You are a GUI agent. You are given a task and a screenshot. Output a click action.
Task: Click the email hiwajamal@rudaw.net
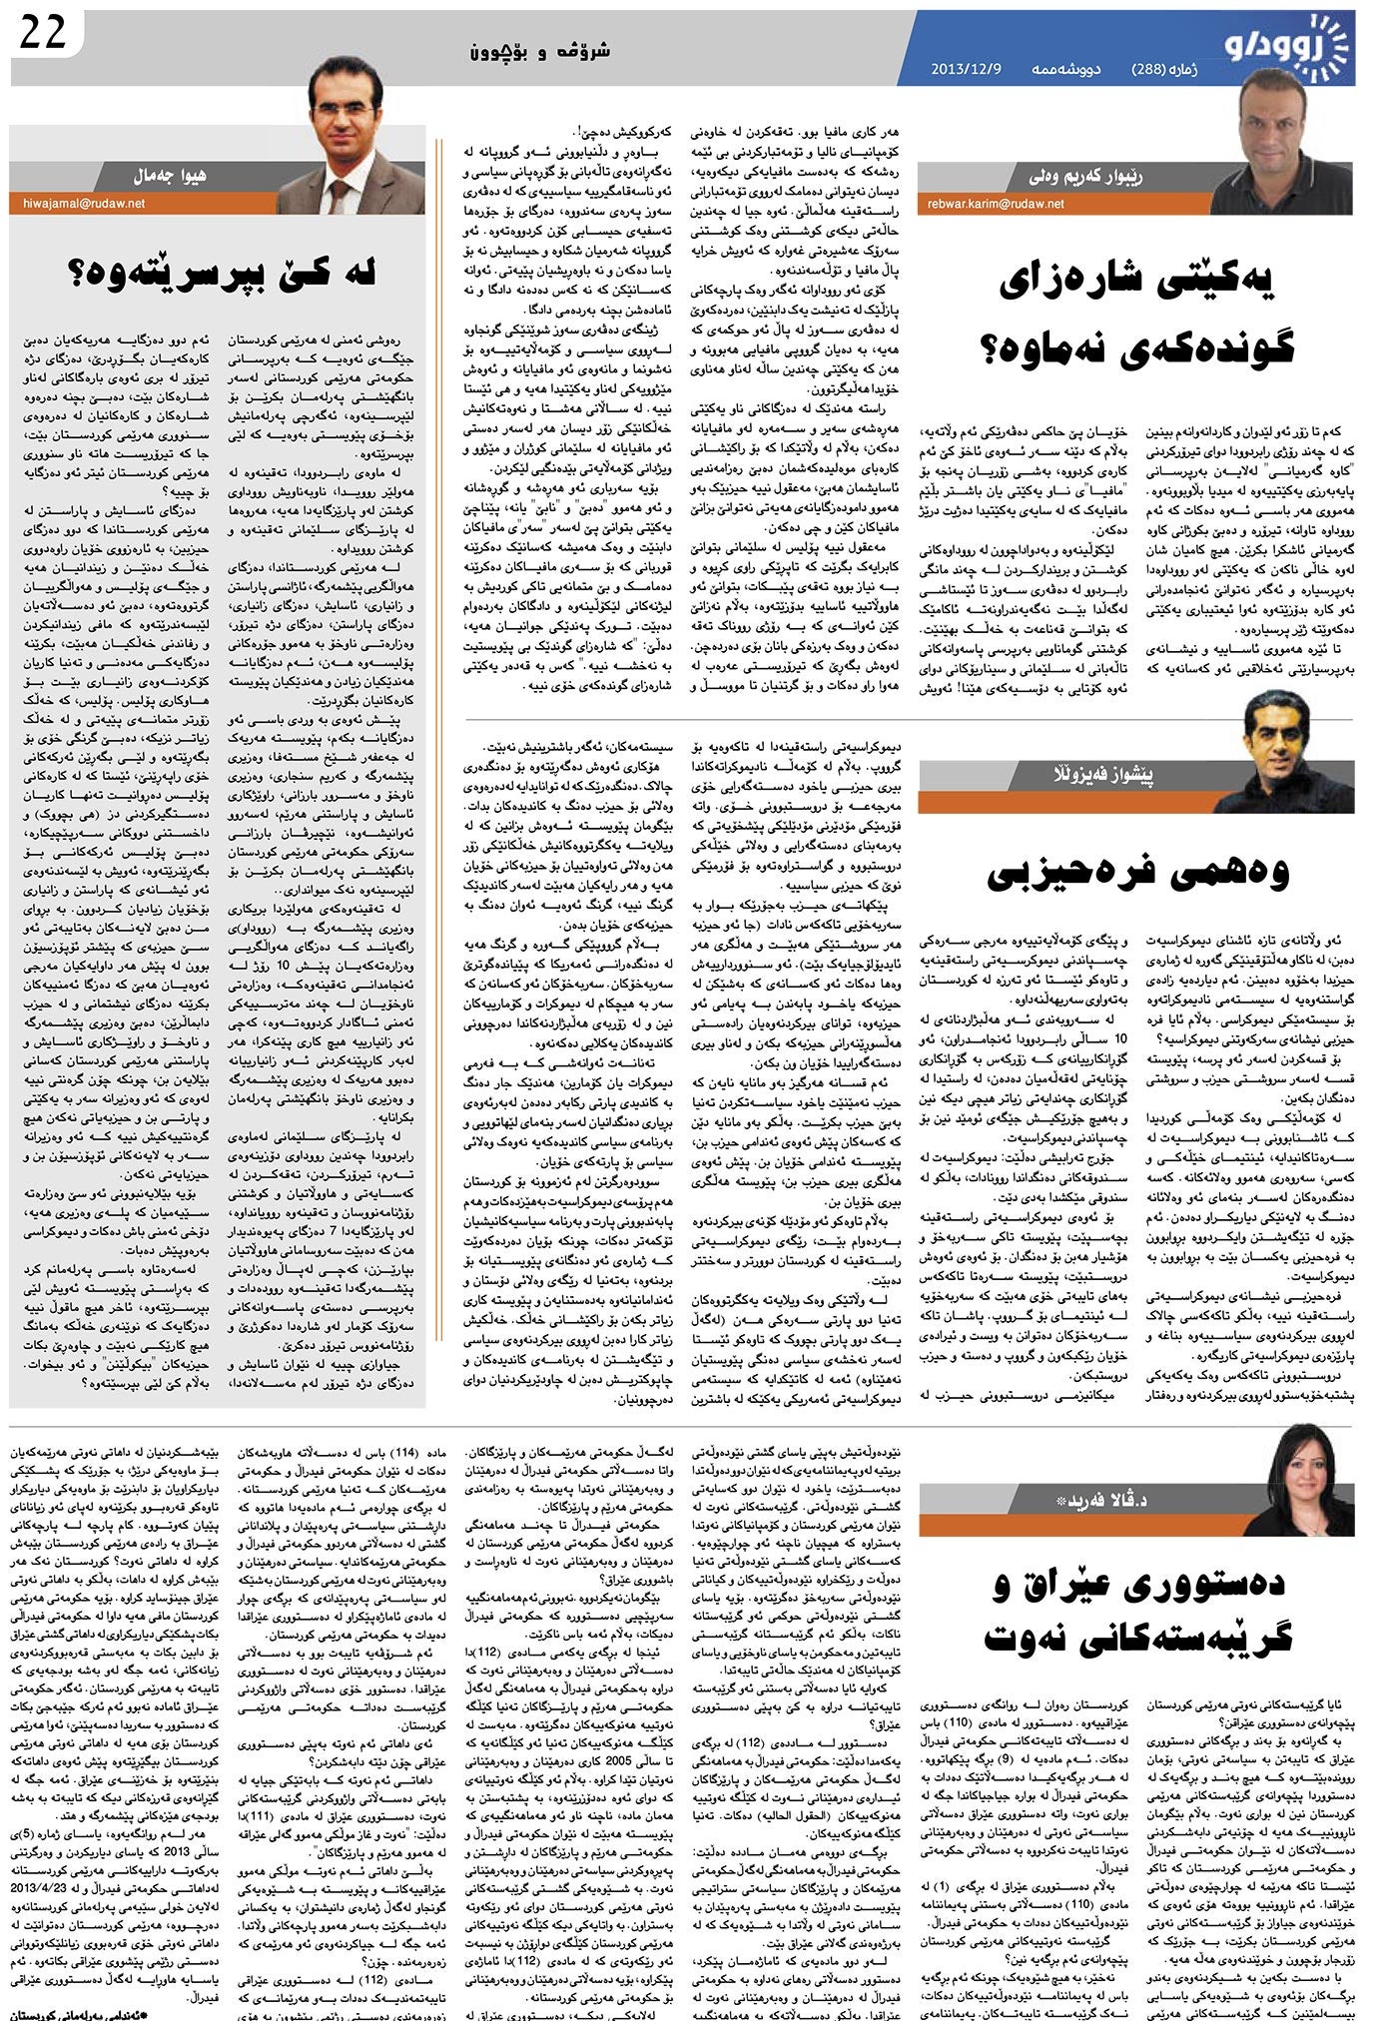[x=84, y=203]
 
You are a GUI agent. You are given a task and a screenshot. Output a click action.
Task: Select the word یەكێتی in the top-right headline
[x=1207, y=286]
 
